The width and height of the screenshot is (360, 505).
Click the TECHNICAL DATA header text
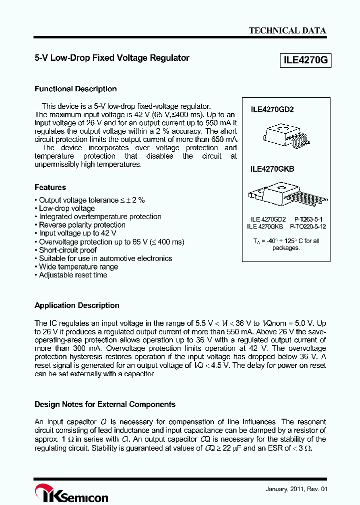tap(287, 30)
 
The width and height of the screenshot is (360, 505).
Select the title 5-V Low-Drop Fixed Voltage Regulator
tap(112, 58)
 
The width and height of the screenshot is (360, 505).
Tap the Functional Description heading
tap(75, 89)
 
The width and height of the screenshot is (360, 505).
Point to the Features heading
tap(50, 188)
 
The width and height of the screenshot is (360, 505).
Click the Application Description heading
tap(77, 305)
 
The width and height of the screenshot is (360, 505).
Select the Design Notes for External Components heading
tap(105, 404)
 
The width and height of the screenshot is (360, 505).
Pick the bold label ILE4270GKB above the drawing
tap(272, 169)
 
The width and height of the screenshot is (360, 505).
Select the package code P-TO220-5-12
tap(309, 226)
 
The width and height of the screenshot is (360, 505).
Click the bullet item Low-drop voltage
tap(66, 209)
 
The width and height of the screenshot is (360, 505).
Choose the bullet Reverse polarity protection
tap(82, 225)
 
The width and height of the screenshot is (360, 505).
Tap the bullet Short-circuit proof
tap(67, 250)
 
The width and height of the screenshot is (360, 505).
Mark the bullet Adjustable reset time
tap(73, 275)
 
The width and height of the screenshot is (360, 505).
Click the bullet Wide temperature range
tap(78, 267)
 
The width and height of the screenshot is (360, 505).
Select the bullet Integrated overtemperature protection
tap(100, 217)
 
